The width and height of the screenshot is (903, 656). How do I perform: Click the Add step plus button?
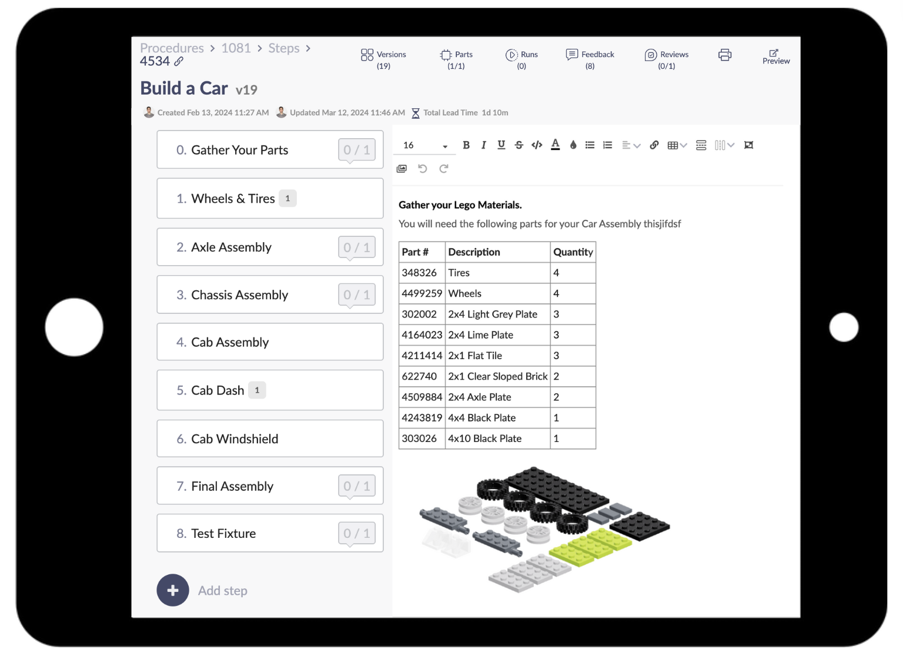pyautogui.click(x=173, y=590)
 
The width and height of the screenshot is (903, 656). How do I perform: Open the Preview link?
pyautogui.click(x=775, y=56)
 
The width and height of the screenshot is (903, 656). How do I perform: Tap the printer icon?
pyautogui.click(x=724, y=55)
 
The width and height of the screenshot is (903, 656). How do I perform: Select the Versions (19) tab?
pyautogui.click(x=383, y=59)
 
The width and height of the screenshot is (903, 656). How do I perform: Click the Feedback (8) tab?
pyautogui.click(x=590, y=59)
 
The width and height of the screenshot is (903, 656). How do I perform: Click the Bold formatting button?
pyautogui.click(x=466, y=145)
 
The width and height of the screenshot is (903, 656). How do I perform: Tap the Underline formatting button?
pyautogui.click(x=501, y=145)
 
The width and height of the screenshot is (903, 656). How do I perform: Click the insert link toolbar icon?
pyautogui.click(x=654, y=145)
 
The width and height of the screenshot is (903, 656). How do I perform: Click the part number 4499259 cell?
pyautogui.click(x=422, y=293)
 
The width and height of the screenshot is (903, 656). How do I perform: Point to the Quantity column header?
pyautogui.click(x=573, y=252)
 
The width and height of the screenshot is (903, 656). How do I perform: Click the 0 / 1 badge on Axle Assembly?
pyautogui.click(x=356, y=247)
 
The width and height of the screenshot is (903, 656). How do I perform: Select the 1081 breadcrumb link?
pyautogui.click(x=236, y=48)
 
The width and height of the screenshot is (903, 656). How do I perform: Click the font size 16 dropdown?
pyautogui.click(x=424, y=145)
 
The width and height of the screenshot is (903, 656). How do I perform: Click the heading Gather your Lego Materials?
pyautogui.click(x=460, y=205)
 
